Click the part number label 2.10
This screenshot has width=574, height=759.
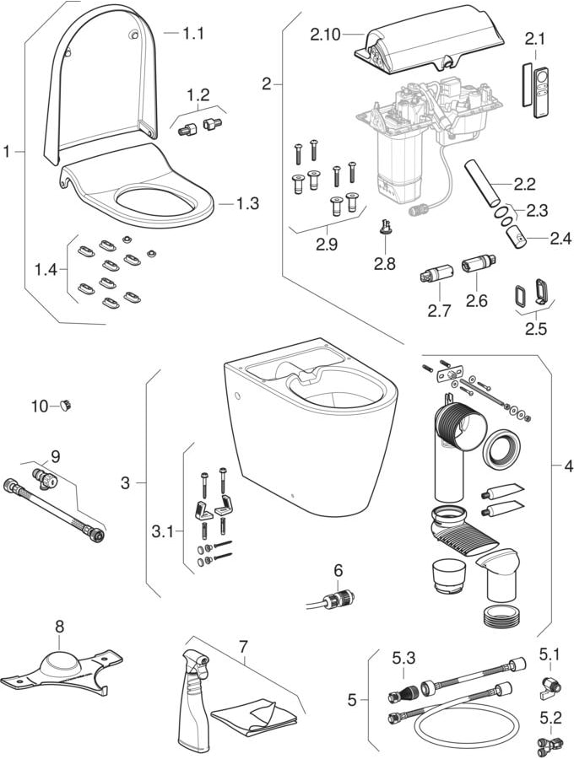325,35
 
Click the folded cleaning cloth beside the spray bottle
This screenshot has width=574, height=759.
255,715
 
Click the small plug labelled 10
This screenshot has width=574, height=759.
64,406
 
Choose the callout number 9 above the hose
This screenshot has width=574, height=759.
55,456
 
